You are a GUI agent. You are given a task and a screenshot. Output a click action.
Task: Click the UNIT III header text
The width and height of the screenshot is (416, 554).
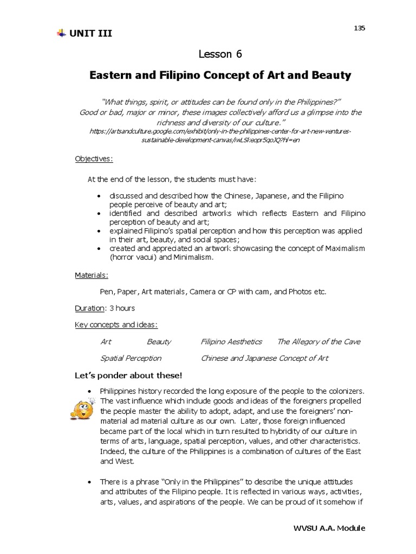(91, 34)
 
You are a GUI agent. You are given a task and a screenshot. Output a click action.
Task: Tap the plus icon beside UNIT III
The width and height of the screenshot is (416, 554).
(61, 34)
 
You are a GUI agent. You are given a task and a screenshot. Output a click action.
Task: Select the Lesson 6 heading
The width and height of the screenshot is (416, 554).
(220, 54)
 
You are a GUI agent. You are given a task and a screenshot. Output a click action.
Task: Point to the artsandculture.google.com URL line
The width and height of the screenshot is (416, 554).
(220, 131)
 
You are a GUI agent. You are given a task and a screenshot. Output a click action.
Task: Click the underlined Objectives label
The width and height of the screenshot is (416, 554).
(94, 159)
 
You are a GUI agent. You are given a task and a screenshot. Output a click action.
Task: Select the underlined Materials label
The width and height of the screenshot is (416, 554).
(91, 275)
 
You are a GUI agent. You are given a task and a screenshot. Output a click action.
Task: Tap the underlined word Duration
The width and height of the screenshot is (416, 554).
(89, 308)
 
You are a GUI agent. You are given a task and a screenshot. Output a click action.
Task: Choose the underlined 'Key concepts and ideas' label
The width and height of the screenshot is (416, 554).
(116, 325)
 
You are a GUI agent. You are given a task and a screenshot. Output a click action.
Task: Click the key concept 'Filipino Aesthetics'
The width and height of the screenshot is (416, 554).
(231, 341)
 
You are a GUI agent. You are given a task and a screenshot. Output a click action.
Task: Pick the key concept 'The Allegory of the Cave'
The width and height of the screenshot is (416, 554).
(318, 341)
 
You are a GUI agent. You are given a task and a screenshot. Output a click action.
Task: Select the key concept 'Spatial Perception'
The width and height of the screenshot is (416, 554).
(131, 358)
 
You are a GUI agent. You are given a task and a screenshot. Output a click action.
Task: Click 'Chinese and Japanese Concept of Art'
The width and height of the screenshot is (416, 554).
(264, 358)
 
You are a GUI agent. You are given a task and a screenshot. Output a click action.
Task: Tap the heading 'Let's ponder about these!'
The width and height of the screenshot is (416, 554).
(128, 375)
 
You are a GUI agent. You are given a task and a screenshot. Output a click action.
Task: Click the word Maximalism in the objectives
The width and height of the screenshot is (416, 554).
(342, 248)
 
